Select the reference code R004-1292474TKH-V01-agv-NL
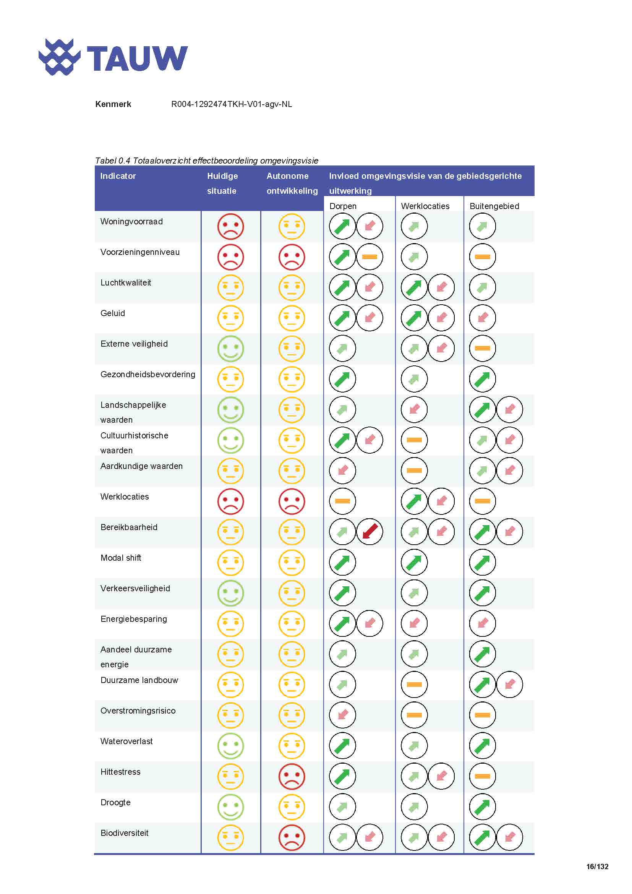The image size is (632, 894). (231, 104)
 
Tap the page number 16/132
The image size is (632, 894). (597, 866)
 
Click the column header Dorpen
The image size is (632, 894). (342, 206)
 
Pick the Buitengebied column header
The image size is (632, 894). (494, 206)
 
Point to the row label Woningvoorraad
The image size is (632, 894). (131, 222)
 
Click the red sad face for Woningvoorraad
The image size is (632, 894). (230, 226)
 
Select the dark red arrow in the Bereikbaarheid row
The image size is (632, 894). (369, 532)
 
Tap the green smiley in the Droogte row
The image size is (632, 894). (230, 807)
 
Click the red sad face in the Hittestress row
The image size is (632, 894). (292, 776)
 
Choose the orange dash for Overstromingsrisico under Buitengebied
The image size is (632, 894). (482, 715)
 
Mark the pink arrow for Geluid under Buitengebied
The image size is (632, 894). (482, 318)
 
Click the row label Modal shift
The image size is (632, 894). (121, 558)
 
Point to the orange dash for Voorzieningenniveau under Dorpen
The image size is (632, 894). (369, 256)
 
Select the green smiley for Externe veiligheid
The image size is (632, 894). (230, 349)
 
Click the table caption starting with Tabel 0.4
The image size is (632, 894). (206, 161)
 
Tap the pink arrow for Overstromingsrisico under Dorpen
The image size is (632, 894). (342, 715)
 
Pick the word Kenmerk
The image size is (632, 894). (113, 104)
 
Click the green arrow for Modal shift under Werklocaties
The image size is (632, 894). (414, 562)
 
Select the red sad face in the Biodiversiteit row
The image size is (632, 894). (292, 837)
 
